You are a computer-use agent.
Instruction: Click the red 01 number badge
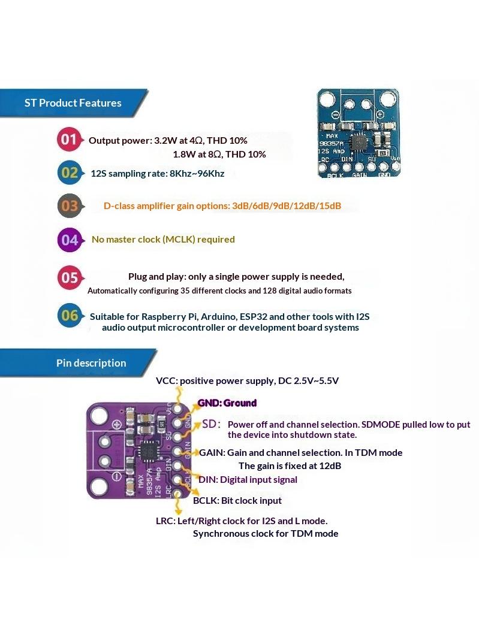coord(70,140)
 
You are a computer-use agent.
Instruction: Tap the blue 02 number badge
coord(70,173)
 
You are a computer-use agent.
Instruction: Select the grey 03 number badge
coord(70,205)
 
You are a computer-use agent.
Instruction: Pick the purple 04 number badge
coord(70,240)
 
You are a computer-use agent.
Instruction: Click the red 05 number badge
coord(70,278)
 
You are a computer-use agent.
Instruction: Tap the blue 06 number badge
coord(70,315)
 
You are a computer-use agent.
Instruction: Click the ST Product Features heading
coord(73,103)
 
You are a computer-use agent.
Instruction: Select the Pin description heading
coord(91,363)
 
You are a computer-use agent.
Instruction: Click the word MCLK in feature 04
coord(179,239)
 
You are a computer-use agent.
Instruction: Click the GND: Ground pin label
coord(227,403)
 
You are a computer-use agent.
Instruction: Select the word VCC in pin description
coord(166,381)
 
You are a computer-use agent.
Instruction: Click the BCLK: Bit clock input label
coord(237,500)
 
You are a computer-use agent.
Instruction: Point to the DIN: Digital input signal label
coord(248,479)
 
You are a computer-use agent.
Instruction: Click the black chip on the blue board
coord(359,143)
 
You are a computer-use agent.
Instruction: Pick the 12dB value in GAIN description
coord(330,466)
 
